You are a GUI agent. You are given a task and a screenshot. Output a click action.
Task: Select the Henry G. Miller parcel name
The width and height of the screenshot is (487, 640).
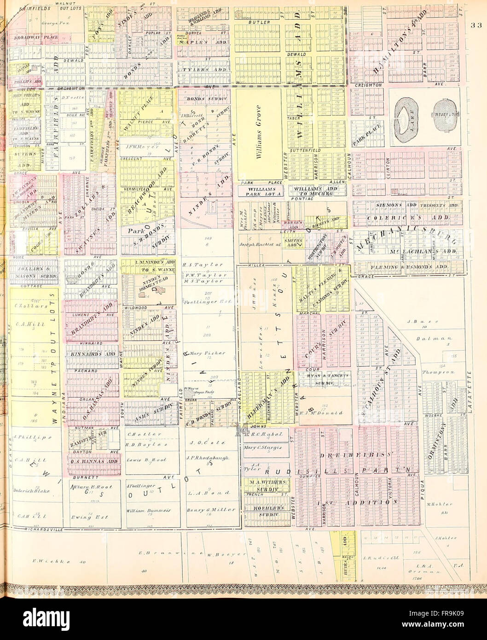(x=211, y=510)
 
